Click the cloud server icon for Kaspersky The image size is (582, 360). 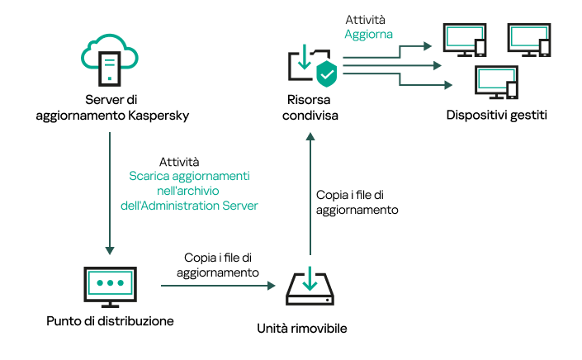pyautogui.click(x=111, y=58)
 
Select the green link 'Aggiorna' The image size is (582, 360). pyautogui.click(x=368, y=35)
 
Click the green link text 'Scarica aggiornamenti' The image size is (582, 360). pyautogui.click(x=190, y=177)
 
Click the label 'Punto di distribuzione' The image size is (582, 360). pyautogui.click(x=110, y=320)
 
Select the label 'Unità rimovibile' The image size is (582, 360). pyautogui.click(x=310, y=329)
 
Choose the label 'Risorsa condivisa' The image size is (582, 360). pyautogui.click(x=309, y=108)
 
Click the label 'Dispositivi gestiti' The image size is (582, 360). pyautogui.click(x=495, y=115)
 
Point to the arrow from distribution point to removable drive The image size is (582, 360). pyautogui.click(x=217, y=286)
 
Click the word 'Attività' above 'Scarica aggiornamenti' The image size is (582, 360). pyautogui.click(x=178, y=162)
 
